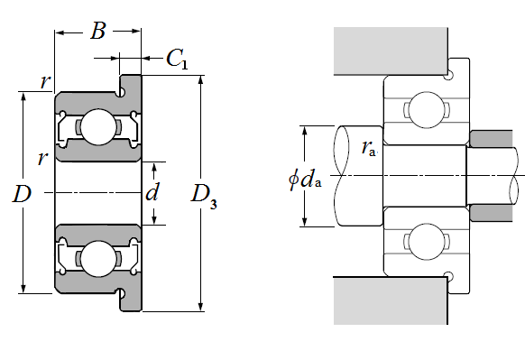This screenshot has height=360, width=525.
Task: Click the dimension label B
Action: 97,31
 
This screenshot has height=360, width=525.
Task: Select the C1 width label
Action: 177,59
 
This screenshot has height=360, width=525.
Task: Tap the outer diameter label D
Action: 22,194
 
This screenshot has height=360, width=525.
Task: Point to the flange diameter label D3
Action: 204,197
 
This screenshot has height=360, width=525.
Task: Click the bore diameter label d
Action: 152,192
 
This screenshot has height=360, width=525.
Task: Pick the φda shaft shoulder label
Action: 305,180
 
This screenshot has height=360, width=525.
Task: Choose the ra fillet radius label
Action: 369,148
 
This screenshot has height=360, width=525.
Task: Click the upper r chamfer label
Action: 45,82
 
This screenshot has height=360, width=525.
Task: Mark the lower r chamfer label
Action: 42,159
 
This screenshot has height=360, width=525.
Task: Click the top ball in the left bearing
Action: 98,127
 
